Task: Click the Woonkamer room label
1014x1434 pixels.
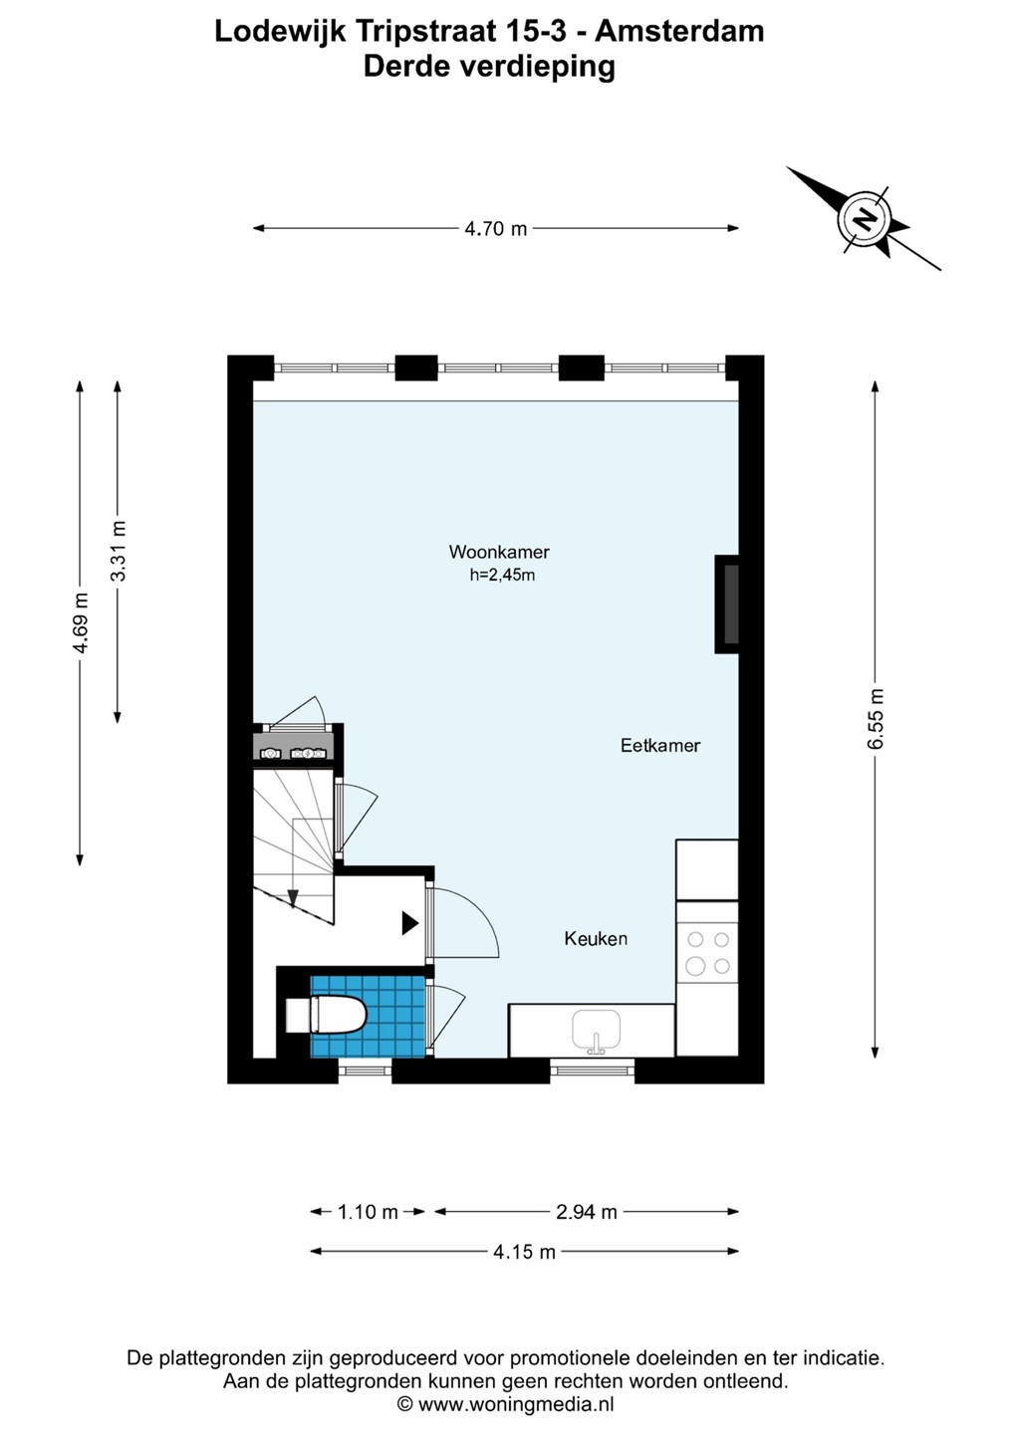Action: tap(499, 552)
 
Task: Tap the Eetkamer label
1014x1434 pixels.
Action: tap(660, 745)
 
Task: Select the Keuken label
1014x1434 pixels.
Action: tap(596, 938)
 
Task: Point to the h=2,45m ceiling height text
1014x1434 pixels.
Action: tap(502, 575)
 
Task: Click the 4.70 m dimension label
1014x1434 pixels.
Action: tap(495, 229)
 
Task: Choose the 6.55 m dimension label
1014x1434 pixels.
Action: tap(876, 718)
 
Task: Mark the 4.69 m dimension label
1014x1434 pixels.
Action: tap(81, 623)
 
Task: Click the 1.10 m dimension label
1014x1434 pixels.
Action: tap(368, 1212)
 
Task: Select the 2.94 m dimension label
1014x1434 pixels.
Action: tap(587, 1212)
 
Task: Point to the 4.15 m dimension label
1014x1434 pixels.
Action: tap(524, 1252)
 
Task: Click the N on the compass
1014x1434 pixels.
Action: tap(865, 218)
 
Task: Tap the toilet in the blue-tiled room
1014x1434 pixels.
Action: tap(326, 1015)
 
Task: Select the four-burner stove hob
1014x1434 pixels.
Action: tap(707, 953)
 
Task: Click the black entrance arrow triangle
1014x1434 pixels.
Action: tap(409, 923)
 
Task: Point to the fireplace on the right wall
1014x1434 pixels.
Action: tap(727, 604)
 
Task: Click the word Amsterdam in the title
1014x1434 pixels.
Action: tap(679, 32)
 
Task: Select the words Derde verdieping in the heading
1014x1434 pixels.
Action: tap(489, 68)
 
